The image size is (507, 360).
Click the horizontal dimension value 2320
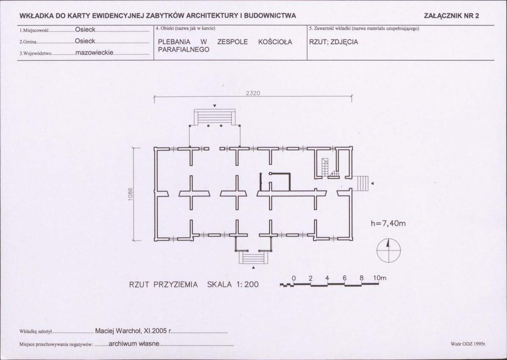(x=253, y=93)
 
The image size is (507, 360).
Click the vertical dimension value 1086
(x=131, y=194)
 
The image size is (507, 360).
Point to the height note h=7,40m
(x=388, y=223)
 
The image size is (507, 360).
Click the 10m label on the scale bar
(x=380, y=278)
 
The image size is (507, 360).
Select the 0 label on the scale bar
(x=294, y=278)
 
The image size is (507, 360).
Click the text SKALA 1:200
(x=233, y=284)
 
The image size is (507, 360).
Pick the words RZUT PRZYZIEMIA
(x=164, y=285)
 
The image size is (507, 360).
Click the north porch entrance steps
(x=215, y=117)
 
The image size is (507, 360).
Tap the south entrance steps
(x=254, y=258)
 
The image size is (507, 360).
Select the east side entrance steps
(x=360, y=183)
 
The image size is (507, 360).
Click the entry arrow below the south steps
(x=253, y=268)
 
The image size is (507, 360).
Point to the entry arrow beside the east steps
(x=372, y=183)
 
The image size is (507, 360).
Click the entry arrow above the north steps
(x=215, y=106)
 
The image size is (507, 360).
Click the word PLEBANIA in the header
(x=174, y=42)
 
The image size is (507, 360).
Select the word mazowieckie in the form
(x=94, y=53)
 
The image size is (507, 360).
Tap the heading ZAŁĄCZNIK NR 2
(x=451, y=16)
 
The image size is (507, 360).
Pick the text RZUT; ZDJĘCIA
(x=333, y=42)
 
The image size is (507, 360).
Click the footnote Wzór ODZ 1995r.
(x=468, y=344)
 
